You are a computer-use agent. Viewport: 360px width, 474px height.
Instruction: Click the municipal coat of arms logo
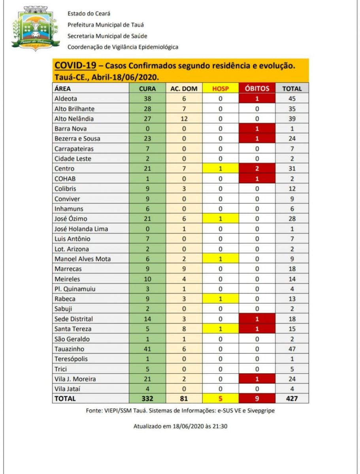click(x=35, y=27)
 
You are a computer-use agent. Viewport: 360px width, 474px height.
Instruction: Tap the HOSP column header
click(x=221, y=88)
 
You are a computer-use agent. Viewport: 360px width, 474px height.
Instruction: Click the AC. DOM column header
click(x=183, y=88)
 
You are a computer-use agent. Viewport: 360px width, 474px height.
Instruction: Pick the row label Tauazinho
click(x=70, y=349)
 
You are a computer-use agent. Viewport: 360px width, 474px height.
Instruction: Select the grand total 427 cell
click(x=292, y=399)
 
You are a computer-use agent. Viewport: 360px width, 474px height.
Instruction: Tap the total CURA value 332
click(x=147, y=399)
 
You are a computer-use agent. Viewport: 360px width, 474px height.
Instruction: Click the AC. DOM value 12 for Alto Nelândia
click(x=183, y=118)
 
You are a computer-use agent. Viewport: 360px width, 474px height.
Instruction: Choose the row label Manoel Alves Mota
click(x=83, y=259)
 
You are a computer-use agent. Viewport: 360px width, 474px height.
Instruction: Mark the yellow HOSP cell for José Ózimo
click(x=221, y=218)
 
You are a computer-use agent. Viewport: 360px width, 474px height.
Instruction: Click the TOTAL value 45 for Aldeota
click(x=292, y=99)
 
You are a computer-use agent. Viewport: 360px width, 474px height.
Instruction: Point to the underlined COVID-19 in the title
click(x=75, y=66)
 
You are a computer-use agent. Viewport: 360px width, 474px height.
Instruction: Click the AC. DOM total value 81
click(x=183, y=399)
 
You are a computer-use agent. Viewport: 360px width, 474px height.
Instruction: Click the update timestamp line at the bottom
click(x=181, y=426)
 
